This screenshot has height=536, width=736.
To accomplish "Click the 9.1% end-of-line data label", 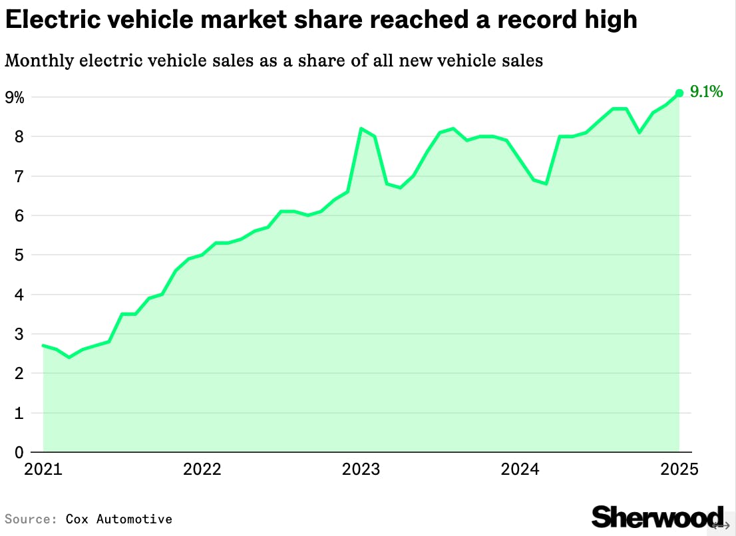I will pyautogui.click(x=705, y=92).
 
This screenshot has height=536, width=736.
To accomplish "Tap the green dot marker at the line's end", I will pyautogui.click(x=679, y=94).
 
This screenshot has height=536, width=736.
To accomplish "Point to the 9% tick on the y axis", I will pyautogui.click(x=15, y=98).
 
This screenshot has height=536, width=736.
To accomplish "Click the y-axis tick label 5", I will pyautogui.click(x=19, y=255).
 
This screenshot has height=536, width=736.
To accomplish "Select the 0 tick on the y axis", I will pyautogui.click(x=19, y=452).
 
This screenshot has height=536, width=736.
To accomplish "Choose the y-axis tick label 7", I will pyautogui.click(x=19, y=176).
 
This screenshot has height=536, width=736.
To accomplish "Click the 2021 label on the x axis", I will pyautogui.click(x=43, y=469).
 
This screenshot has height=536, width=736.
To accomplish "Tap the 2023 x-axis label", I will pyautogui.click(x=361, y=469).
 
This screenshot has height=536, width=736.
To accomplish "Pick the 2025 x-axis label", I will pyautogui.click(x=679, y=469).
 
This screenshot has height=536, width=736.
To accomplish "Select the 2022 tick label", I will pyautogui.click(x=202, y=469).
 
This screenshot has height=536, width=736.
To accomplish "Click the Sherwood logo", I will pyautogui.click(x=657, y=517).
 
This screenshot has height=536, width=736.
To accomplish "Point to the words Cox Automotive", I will pyautogui.click(x=118, y=519).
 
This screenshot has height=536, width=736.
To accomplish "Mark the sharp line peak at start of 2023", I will pyautogui.click(x=361, y=129).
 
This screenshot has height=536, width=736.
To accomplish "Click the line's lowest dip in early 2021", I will pyautogui.click(x=69, y=357).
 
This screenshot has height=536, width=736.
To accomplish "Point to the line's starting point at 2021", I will pyautogui.click(x=43, y=345).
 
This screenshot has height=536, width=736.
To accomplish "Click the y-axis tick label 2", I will pyautogui.click(x=19, y=373).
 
